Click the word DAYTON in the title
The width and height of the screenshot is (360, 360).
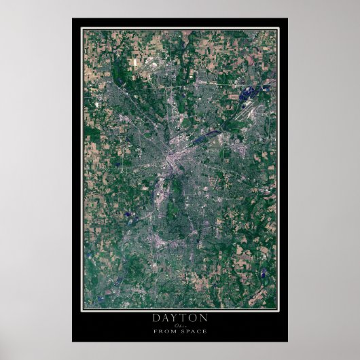click(x=180, y=317)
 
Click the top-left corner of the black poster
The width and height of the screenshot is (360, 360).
click(x=73, y=18)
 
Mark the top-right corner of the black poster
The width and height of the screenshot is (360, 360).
click(x=287, y=18)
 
